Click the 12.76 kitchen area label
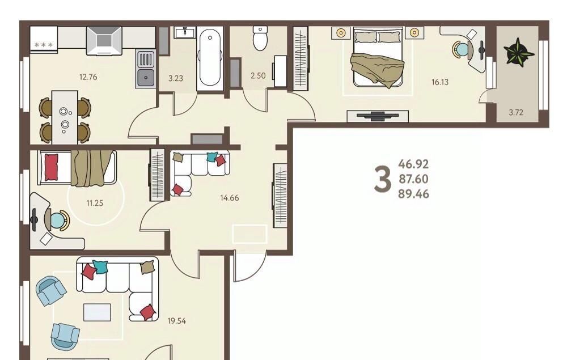88,77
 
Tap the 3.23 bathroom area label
176,78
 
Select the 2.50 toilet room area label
258,75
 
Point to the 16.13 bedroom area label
440,82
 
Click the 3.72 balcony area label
516,112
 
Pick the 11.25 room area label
95,203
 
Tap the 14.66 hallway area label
230,198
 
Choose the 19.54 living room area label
177,321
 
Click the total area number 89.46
414,194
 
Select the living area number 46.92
414,164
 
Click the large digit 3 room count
383,179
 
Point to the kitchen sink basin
145,78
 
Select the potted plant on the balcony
519,52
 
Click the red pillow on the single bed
51,167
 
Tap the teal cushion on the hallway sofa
212,157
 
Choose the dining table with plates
65,117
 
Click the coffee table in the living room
97,312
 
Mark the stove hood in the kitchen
104,41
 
